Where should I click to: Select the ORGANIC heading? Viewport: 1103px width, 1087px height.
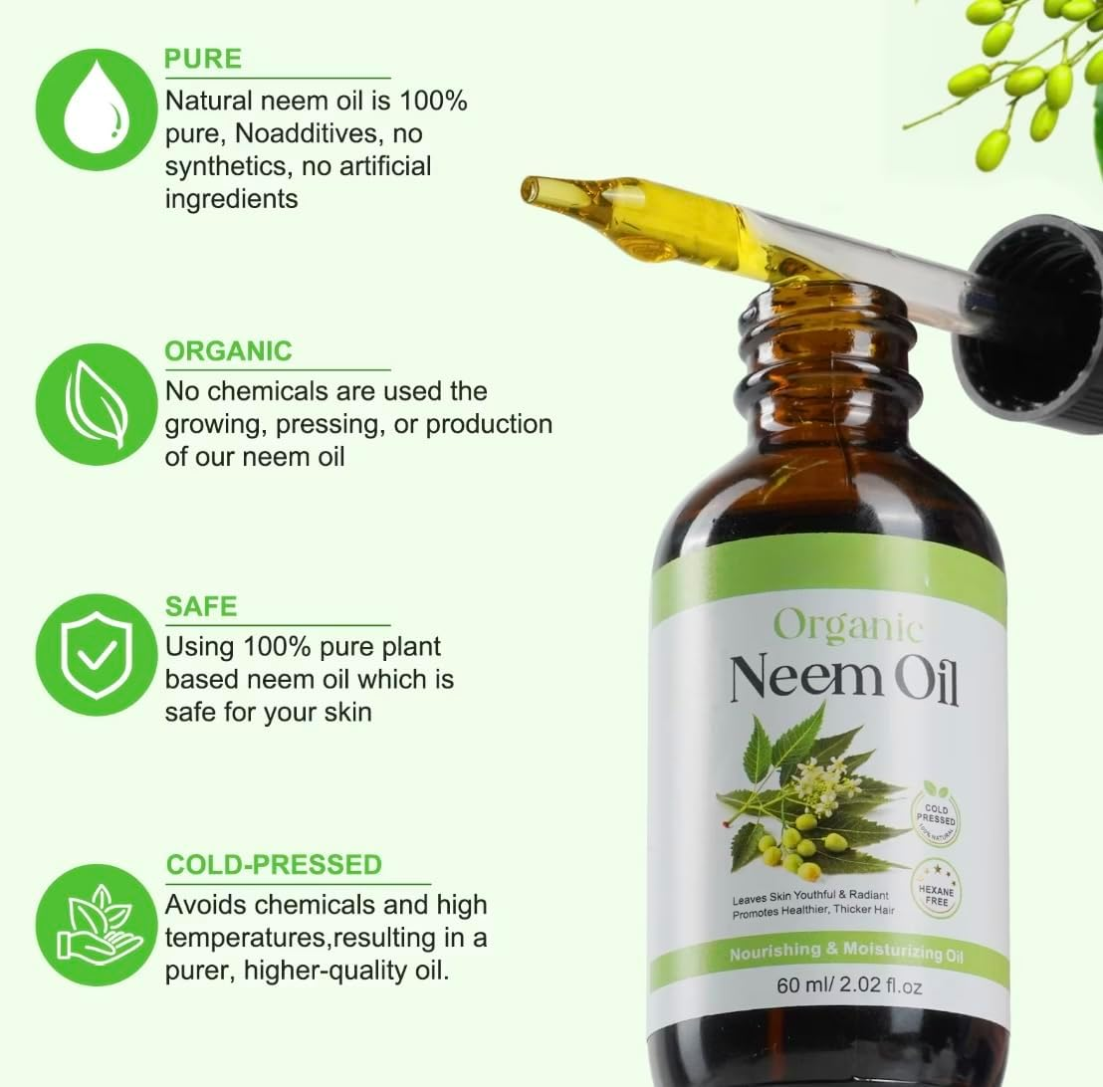(x=228, y=351)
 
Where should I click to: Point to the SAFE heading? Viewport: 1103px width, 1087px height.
(x=200, y=606)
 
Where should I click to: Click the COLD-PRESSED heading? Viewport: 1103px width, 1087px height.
(x=274, y=864)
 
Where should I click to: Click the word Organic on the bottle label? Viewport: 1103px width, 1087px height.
(x=847, y=626)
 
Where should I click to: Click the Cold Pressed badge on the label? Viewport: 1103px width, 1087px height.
(x=935, y=810)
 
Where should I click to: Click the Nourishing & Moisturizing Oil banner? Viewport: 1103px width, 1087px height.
(x=847, y=952)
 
